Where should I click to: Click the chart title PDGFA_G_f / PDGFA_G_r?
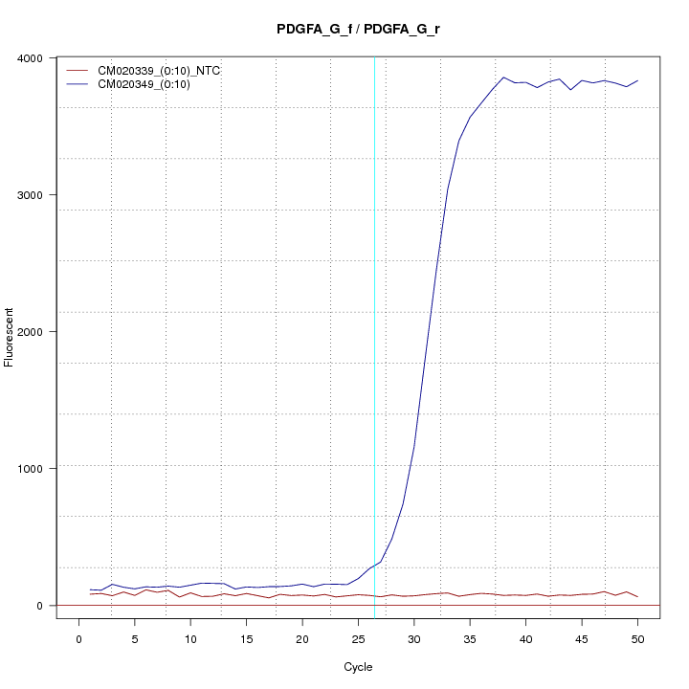tap(358, 30)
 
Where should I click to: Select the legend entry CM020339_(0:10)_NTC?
tap(152, 71)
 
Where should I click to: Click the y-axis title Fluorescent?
tap(11, 337)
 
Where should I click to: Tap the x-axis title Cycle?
tap(358, 667)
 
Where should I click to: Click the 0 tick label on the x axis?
tap(79, 639)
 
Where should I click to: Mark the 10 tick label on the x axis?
tap(190, 639)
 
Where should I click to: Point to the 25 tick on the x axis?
tap(358, 639)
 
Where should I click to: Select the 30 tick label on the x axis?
tap(413, 639)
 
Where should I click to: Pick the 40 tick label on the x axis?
tap(525, 639)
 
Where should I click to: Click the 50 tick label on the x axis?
tap(637, 639)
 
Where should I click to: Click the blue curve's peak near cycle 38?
tap(503, 78)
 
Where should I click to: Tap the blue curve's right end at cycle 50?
tap(637, 81)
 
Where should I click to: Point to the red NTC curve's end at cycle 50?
tap(637, 597)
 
